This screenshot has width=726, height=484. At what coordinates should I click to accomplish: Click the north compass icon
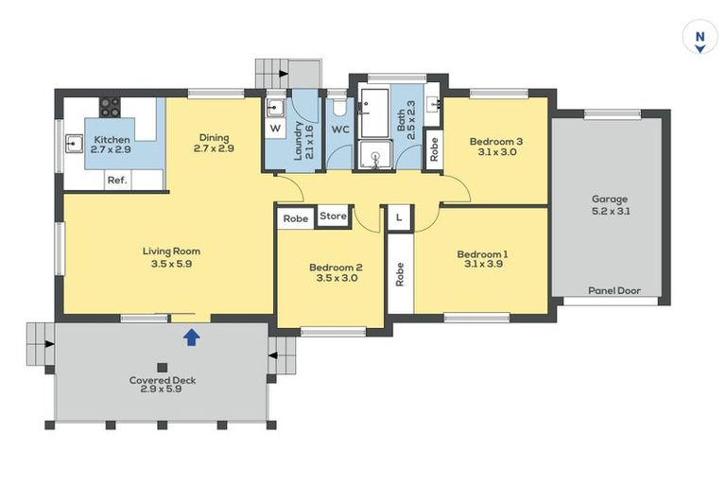click(700, 37)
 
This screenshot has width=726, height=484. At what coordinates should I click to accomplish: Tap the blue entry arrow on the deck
click(192, 337)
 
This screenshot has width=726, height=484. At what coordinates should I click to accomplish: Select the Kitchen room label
click(112, 139)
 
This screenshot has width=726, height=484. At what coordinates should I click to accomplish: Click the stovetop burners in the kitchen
click(111, 107)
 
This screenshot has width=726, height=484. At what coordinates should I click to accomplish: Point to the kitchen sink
click(74, 144)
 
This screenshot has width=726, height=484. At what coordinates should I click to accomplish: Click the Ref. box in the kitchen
click(117, 180)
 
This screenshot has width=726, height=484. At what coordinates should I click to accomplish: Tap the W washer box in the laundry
click(275, 129)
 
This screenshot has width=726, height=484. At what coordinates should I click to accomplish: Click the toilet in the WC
click(339, 106)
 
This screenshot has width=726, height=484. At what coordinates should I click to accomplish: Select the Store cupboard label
click(333, 216)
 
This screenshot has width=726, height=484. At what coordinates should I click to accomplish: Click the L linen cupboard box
click(399, 217)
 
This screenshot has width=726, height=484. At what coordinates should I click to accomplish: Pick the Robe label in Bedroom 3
click(434, 149)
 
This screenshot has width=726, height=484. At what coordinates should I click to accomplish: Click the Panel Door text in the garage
click(614, 291)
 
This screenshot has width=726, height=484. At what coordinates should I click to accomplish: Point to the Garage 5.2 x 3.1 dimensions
click(611, 212)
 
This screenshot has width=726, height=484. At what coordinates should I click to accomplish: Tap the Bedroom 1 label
click(482, 253)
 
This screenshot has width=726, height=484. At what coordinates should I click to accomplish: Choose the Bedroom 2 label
click(336, 268)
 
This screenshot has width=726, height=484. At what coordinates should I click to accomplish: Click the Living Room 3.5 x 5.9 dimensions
click(171, 264)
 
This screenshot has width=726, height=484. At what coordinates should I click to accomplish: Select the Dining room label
click(214, 138)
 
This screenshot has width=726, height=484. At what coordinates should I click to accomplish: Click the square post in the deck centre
click(162, 368)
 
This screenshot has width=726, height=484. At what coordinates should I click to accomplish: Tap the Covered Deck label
click(163, 380)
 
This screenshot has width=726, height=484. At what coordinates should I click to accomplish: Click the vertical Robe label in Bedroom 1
click(400, 274)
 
